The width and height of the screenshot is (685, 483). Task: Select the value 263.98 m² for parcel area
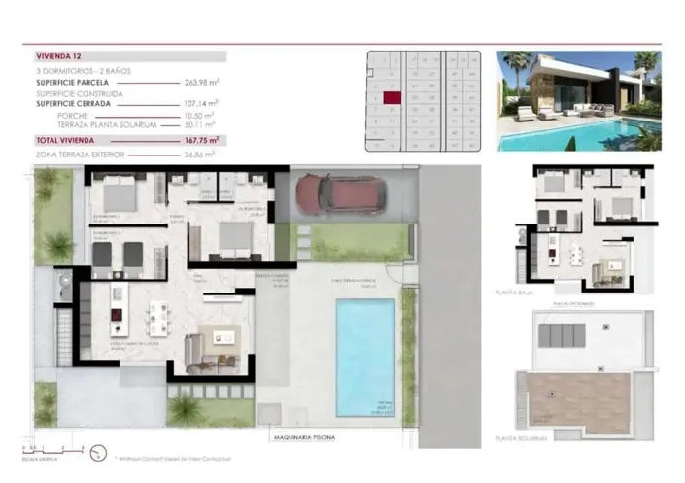(x=201, y=83)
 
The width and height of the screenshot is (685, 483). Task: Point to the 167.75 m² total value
(x=201, y=140)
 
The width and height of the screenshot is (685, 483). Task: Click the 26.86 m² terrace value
(x=199, y=154)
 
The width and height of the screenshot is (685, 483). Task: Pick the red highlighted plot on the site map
(x=392, y=96)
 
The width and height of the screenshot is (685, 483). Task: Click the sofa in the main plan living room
(x=193, y=349)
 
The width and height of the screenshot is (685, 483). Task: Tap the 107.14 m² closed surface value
(x=201, y=102)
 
